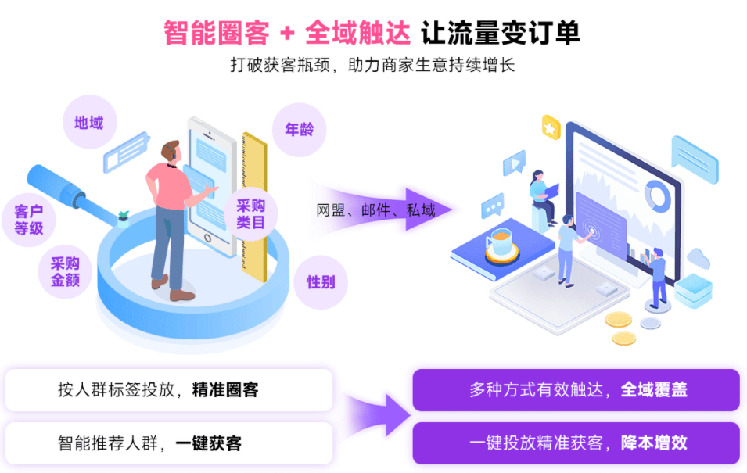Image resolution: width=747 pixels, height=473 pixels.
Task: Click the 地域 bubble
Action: point(88,123)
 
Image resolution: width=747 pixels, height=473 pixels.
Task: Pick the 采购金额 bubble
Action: point(65,271)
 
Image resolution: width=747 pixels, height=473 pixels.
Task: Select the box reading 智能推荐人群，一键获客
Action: point(168,443)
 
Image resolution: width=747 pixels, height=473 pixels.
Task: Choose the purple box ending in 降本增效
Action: point(576,443)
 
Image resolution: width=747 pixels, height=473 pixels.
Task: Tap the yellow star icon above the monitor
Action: point(551,127)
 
